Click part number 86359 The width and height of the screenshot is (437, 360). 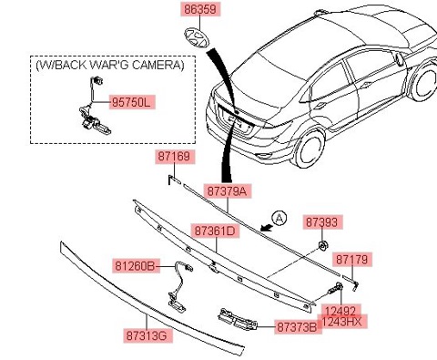coord(200,9)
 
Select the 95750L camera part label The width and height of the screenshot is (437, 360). coord(132,102)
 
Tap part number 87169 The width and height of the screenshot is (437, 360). coord(175,157)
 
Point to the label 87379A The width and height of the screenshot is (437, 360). coord(228,191)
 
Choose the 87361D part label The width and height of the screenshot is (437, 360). coord(215,231)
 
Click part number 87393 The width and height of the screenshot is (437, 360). coord(322,221)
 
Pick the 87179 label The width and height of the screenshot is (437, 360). coord(352,260)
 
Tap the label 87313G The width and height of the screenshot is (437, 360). coord(147,335)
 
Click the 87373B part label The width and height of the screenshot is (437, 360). coord(298,327)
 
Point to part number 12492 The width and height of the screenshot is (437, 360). coord(340,311)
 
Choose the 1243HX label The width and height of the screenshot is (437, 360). coord(342,322)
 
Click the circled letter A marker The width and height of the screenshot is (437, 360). coord(279,219)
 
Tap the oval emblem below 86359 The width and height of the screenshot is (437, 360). coord(198,37)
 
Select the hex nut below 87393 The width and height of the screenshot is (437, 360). coord(322,245)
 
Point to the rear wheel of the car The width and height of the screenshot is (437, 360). coord(308,149)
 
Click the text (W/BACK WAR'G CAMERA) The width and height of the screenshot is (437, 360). coord(110,65)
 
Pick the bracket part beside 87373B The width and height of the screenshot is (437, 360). coord(238,320)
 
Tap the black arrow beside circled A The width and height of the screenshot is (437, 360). coord(267,228)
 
